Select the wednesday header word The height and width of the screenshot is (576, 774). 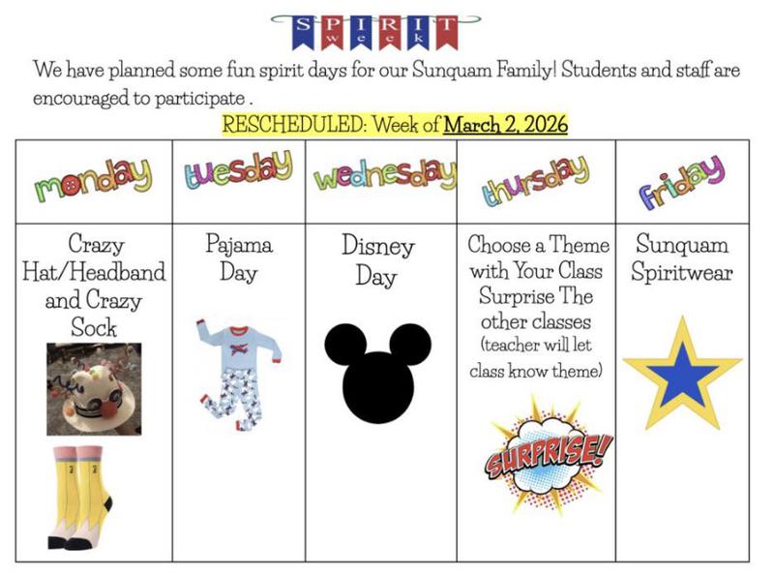[384, 178]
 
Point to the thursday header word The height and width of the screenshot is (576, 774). [535, 180]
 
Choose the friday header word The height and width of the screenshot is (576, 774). [681, 180]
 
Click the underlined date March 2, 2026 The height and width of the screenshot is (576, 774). [505, 125]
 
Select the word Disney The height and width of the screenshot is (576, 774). [377, 246]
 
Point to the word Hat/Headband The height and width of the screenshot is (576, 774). [94, 271]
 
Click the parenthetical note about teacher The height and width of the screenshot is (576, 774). [535, 357]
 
